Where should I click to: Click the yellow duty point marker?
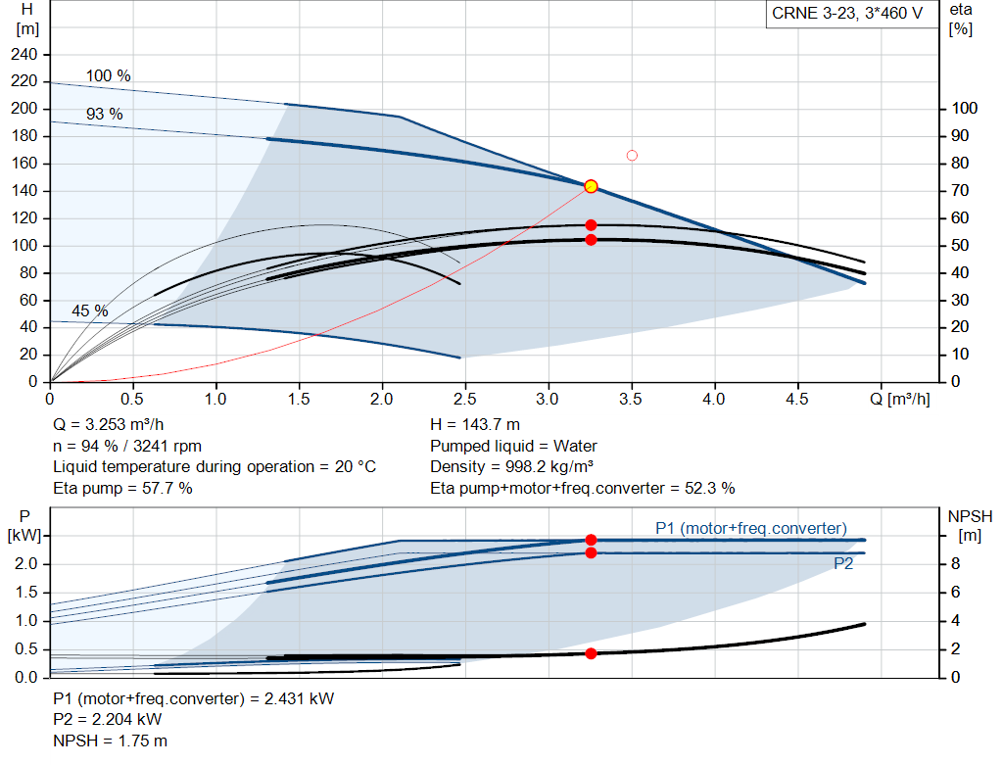[591, 186]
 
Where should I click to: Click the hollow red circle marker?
[632, 156]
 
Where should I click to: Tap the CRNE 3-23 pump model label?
[847, 14]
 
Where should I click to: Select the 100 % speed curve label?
[108, 75]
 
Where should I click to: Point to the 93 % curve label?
[104, 114]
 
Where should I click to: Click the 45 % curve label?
[89, 311]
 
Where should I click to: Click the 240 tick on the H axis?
[24, 55]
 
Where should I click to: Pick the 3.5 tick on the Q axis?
[631, 399]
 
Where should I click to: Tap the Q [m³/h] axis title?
[899, 399]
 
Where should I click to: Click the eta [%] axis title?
[961, 20]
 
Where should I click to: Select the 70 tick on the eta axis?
[960, 191]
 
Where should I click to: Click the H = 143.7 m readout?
[475, 425]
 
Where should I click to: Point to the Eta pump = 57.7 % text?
[122, 488]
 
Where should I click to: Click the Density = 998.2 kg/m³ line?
[511, 466]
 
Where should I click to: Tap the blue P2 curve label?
[843, 563]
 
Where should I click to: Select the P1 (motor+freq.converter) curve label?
[751, 528]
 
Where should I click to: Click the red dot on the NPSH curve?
[591, 653]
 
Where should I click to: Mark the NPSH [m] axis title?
[970, 526]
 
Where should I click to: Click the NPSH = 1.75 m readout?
[110, 741]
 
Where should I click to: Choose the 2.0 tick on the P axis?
[26, 563]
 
